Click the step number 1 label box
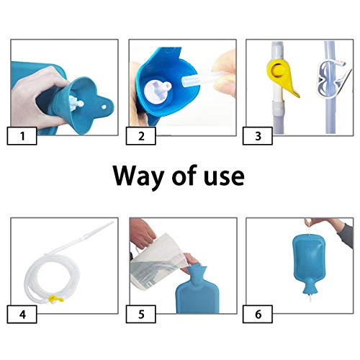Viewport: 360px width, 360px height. [22, 136]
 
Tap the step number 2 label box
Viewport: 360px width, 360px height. [141, 136]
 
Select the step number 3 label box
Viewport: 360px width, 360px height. [258, 136]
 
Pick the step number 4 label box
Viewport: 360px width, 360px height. [22, 314]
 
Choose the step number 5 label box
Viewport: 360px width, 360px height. [141, 314]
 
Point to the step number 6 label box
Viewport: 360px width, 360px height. [258, 314]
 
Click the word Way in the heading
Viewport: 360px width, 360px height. [138, 177]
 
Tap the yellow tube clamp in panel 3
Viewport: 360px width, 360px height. [282, 77]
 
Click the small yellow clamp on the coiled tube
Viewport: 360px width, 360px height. [55, 299]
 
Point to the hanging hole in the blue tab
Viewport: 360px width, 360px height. [104, 107]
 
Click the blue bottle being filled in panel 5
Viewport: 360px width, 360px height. [197, 289]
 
